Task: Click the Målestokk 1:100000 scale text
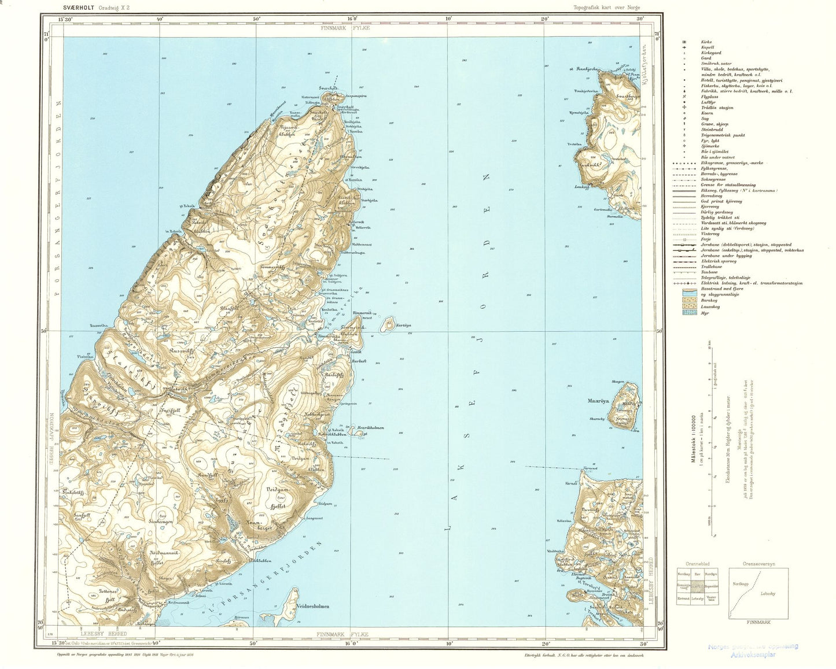tap(693, 439)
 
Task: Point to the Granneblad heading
tap(697, 563)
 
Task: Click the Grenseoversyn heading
tap(758, 563)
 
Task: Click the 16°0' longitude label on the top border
tap(352, 19)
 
